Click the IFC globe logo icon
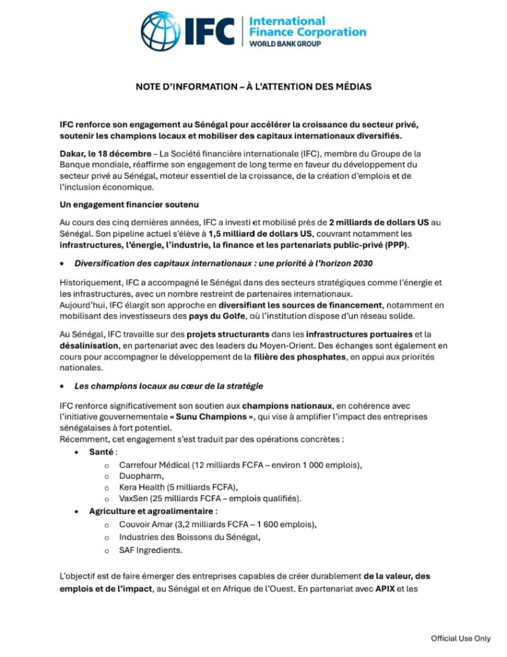pyautogui.click(x=161, y=31)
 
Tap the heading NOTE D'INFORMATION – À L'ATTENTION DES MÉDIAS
pyautogui.click(x=253, y=87)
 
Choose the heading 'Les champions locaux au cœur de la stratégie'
pyautogui.click(x=169, y=387)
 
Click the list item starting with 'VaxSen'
pyautogui.click(x=210, y=499)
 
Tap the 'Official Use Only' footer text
pyautogui.click(x=460, y=638)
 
